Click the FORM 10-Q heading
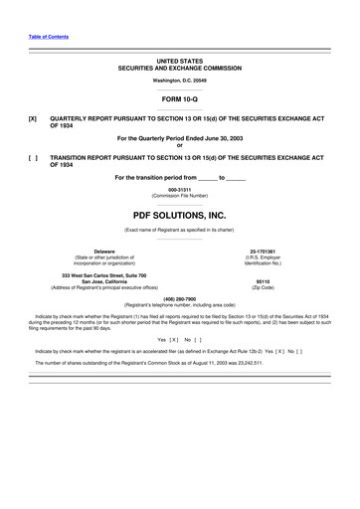pos(179,97)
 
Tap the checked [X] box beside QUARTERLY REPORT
pos(34,115)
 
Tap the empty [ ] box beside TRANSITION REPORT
pos(34,157)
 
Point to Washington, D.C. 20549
pos(179,80)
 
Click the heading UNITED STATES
pos(179,60)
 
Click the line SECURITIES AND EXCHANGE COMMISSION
pos(179,67)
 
